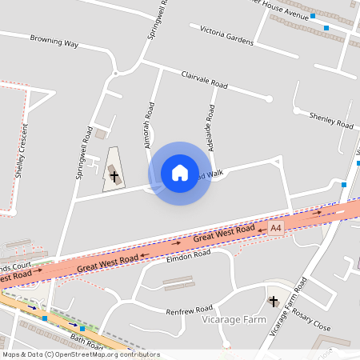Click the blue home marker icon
point(179,173)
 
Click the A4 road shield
point(276,229)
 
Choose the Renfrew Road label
point(189,308)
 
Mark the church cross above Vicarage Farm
point(274,301)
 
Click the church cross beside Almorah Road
point(114,175)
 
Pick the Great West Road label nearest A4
point(224,234)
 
